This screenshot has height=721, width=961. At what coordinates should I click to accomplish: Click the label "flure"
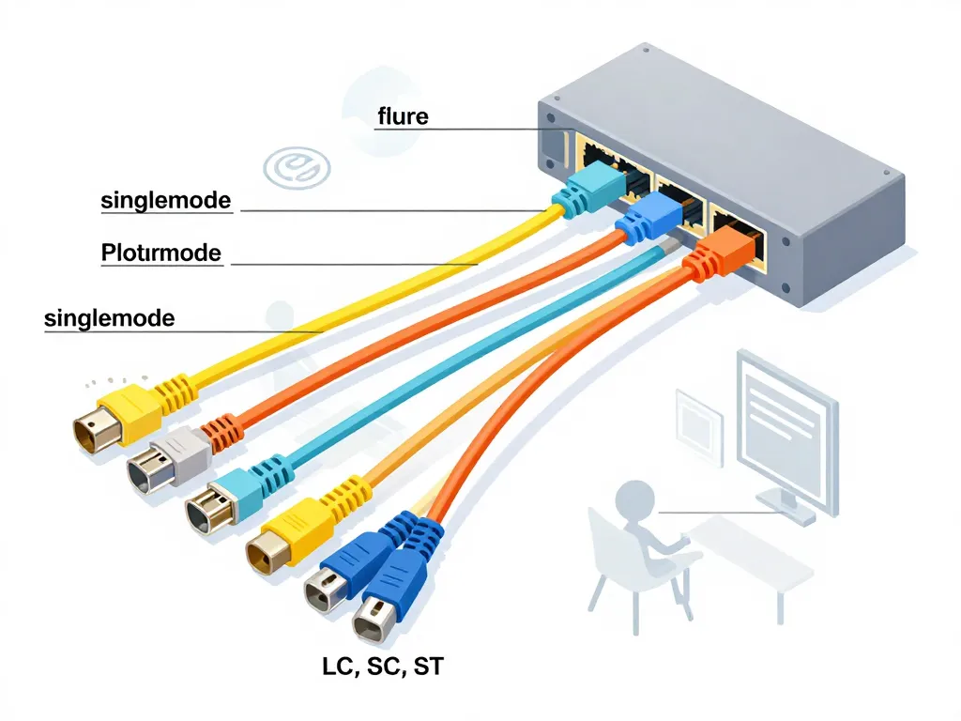point(402,116)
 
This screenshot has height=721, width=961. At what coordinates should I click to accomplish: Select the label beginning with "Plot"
point(160,253)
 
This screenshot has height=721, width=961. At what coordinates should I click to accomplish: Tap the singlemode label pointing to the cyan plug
point(165,200)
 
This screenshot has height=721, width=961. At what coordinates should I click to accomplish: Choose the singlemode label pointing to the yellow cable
point(109,317)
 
